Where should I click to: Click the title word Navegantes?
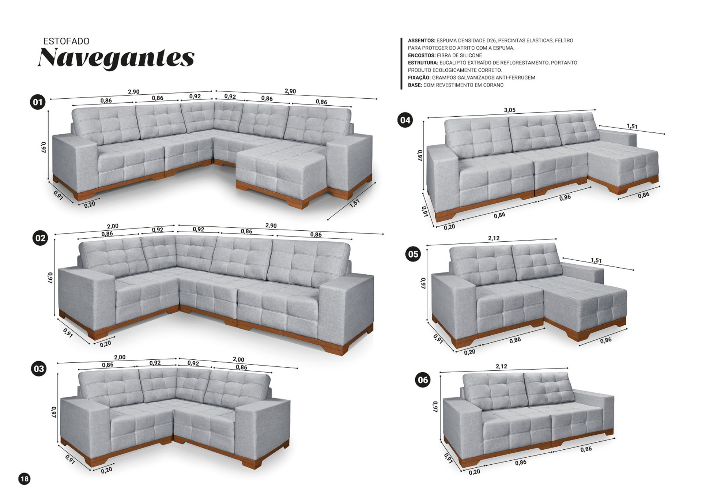click(x=116, y=57)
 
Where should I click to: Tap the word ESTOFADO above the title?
click(x=66, y=41)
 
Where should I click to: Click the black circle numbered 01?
click(x=38, y=102)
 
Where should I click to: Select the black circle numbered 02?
click(x=40, y=238)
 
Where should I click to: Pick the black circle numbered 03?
click(x=39, y=369)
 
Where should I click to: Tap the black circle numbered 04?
click(x=405, y=120)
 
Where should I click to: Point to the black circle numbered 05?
click(x=413, y=254)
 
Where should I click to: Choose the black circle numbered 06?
click(x=423, y=380)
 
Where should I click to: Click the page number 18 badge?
click(x=24, y=479)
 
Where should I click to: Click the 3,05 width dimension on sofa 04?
click(x=510, y=110)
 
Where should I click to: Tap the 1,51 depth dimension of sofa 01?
click(x=354, y=203)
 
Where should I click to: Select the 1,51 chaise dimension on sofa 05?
click(x=596, y=260)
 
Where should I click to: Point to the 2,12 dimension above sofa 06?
click(x=501, y=366)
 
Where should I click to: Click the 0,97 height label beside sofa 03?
click(x=54, y=412)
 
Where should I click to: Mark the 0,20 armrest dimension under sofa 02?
click(x=105, y=344)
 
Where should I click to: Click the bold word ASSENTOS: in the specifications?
click(x=421, y=41)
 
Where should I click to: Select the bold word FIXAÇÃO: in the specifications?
click(x=419, y=78)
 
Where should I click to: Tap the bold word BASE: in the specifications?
click(x=415, y=85)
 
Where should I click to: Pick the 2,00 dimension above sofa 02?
click(x=113, y=226)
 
